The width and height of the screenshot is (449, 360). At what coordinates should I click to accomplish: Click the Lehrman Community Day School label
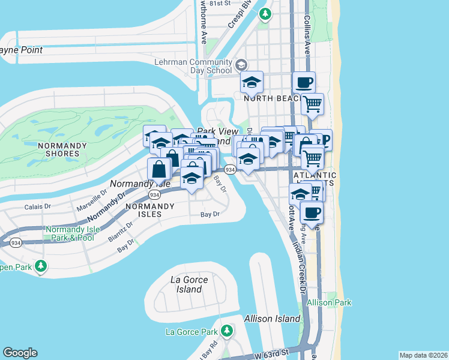(x=193, y=66)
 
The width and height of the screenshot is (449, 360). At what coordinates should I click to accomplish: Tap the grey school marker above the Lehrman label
(x=241, y=64)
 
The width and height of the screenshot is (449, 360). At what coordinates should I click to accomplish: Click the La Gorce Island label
(x=189, y=284)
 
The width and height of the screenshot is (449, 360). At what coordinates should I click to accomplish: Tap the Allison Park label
(x=328, y=303)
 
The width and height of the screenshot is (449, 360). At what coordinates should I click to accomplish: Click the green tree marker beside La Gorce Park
(x=226, y=331)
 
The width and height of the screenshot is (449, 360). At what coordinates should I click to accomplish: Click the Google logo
(x=20, y=353)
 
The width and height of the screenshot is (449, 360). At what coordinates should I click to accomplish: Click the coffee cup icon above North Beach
(x=304, y=82)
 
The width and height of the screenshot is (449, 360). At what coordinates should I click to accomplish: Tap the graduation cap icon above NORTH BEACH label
(x=252, y=82)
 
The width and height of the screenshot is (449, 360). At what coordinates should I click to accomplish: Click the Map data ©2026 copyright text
(x=423, y=355)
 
